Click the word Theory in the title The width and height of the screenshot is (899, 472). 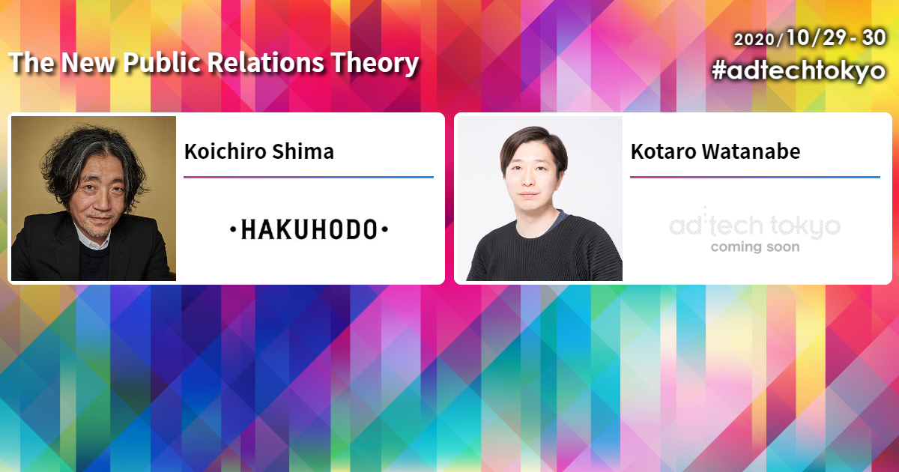point(375,64)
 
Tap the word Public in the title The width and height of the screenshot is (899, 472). point(162,63)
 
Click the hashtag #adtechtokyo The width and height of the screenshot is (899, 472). point(799,70)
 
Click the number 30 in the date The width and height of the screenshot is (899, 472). point(874,37)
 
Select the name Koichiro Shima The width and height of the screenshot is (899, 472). point(259,151)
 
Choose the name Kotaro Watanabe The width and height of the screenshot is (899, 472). point(715,151)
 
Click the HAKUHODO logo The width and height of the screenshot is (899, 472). point(309,229)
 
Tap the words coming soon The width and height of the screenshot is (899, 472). point(755,246)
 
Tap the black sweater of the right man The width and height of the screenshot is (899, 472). point(545,251)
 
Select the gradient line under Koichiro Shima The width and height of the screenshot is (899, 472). point(309,177)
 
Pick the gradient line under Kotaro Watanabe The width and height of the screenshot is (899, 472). point(755,177)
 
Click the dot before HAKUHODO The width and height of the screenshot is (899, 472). point(233,229)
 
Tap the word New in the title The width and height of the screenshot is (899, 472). point(88,63)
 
